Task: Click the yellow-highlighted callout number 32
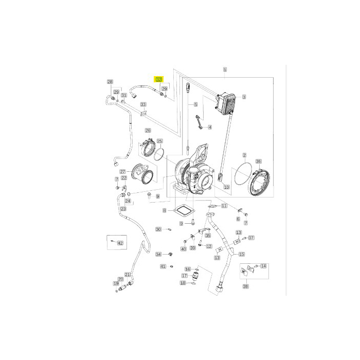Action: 159,80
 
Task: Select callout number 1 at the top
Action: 225,69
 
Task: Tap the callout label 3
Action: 244,96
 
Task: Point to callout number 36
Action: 258,161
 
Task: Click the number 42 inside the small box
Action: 120,242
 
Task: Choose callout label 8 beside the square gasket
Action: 164,211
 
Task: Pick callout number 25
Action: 159,141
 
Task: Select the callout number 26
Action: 148,130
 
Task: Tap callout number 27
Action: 123,172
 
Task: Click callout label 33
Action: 143,104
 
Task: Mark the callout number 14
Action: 264,266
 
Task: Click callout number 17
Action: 184,276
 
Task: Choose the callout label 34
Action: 158,254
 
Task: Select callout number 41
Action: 163,266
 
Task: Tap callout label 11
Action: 224,206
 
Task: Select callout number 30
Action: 158,229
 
